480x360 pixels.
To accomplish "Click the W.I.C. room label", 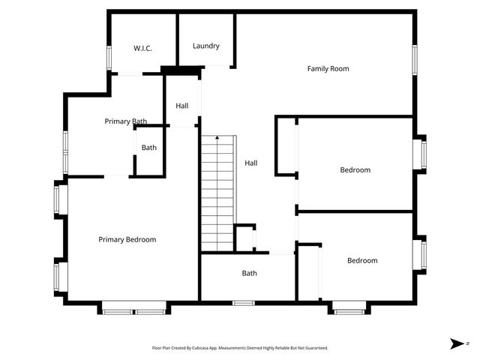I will point(143,49).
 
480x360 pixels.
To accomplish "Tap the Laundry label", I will point(206,46).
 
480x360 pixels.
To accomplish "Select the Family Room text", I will point(328,69).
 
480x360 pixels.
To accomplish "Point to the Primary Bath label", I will point(125,121).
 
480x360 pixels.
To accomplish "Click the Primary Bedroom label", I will point(127,240).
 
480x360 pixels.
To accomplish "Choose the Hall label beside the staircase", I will point(251,163).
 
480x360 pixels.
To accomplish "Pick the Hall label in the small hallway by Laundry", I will point(182,106).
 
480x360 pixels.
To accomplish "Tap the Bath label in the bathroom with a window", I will point(250,274).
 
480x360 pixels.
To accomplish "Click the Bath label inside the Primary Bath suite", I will point(149,148).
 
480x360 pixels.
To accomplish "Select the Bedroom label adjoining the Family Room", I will point(355,170).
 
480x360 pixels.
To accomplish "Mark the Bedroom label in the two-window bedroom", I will point(362,261).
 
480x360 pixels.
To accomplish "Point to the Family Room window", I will point(414,60).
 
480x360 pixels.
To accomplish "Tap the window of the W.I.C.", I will point(109,58).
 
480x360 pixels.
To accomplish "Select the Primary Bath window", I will point(66,152).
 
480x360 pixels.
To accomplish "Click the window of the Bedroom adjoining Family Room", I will point(424,154).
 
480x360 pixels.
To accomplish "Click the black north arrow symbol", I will point(456,343).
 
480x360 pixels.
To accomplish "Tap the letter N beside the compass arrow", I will point(467,343).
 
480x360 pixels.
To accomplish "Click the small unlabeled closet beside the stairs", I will point(244,238).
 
